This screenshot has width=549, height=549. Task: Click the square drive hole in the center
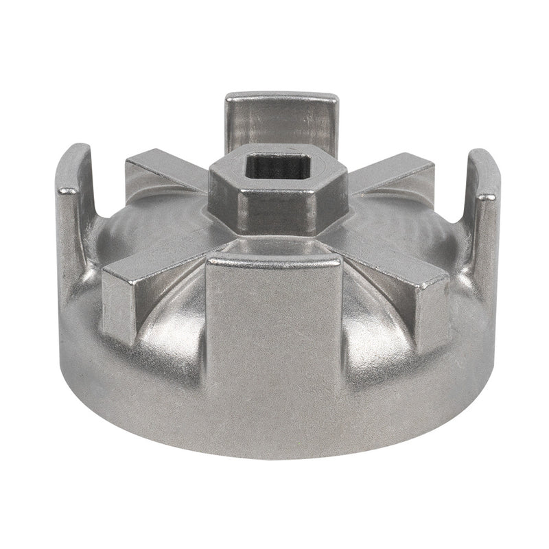coord(272,167)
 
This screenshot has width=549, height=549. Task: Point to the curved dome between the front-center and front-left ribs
coord(172,323)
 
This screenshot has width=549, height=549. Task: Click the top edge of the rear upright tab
coord(281,96)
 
